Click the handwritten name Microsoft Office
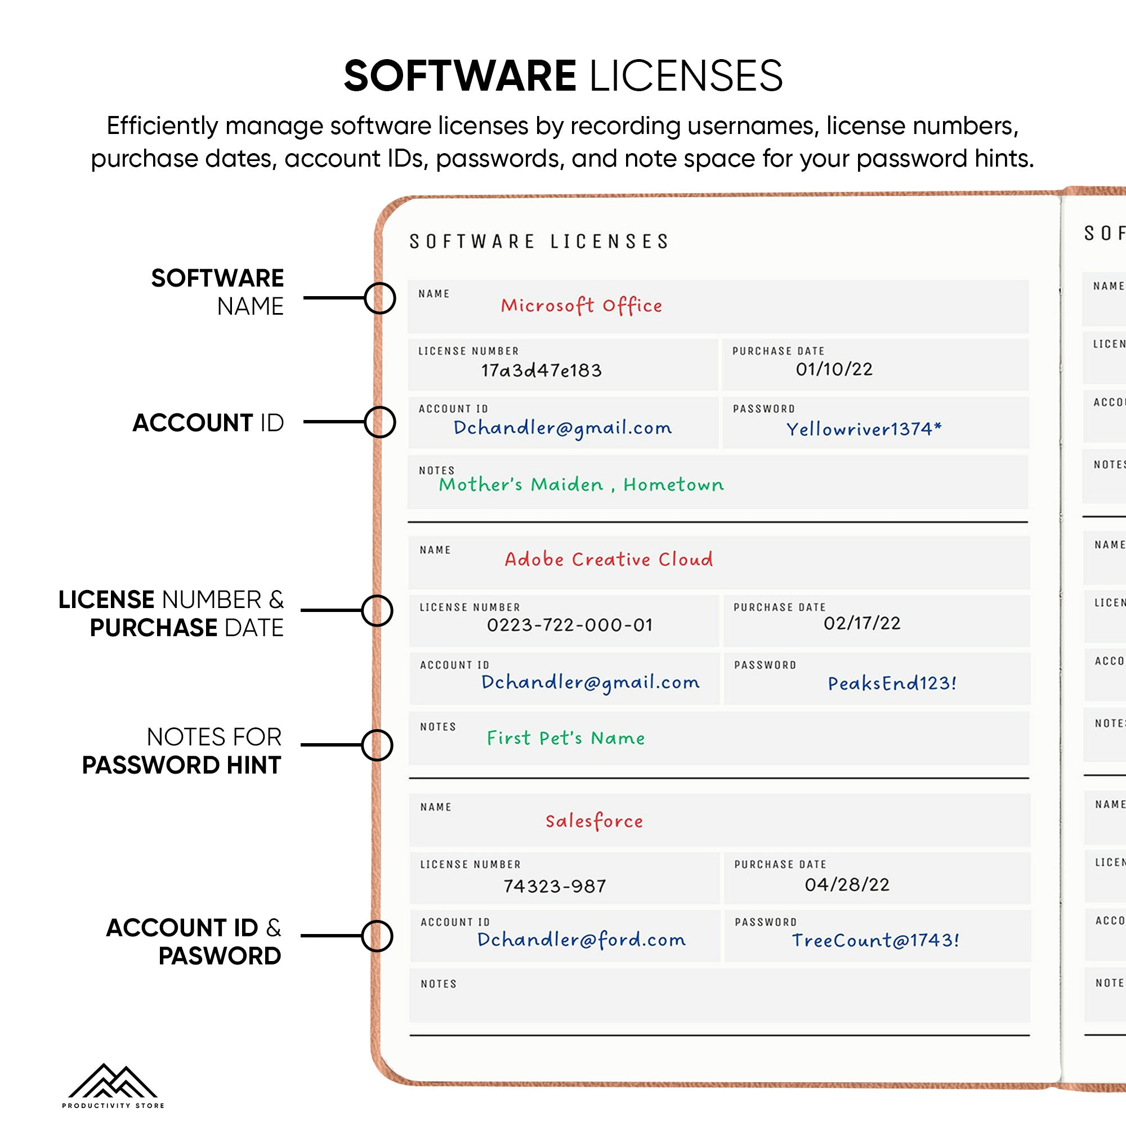(x=581, y=305)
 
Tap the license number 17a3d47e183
(x=541, y=370)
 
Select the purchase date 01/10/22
(x=834, y=369)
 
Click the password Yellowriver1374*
(x=864, y=429)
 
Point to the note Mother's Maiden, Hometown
(x=581, y=484)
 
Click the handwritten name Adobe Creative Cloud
(x=609, y=560)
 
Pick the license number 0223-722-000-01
(x=569, y=625)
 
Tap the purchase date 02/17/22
(x=862, y=623)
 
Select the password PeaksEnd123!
(x=892, y=683)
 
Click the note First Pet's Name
(x=566, y=738)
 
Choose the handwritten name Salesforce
(x=594, y=821)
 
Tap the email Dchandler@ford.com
(x=581, y=940)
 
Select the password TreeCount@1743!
(x=875, y=940)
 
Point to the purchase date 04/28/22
(x=847, y=884)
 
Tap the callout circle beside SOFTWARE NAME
(x=380, y=298)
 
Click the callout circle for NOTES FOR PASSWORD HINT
(x=377, y=745)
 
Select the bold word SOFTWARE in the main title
(x=460, y=77)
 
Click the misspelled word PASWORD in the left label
(x=220, y=956)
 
